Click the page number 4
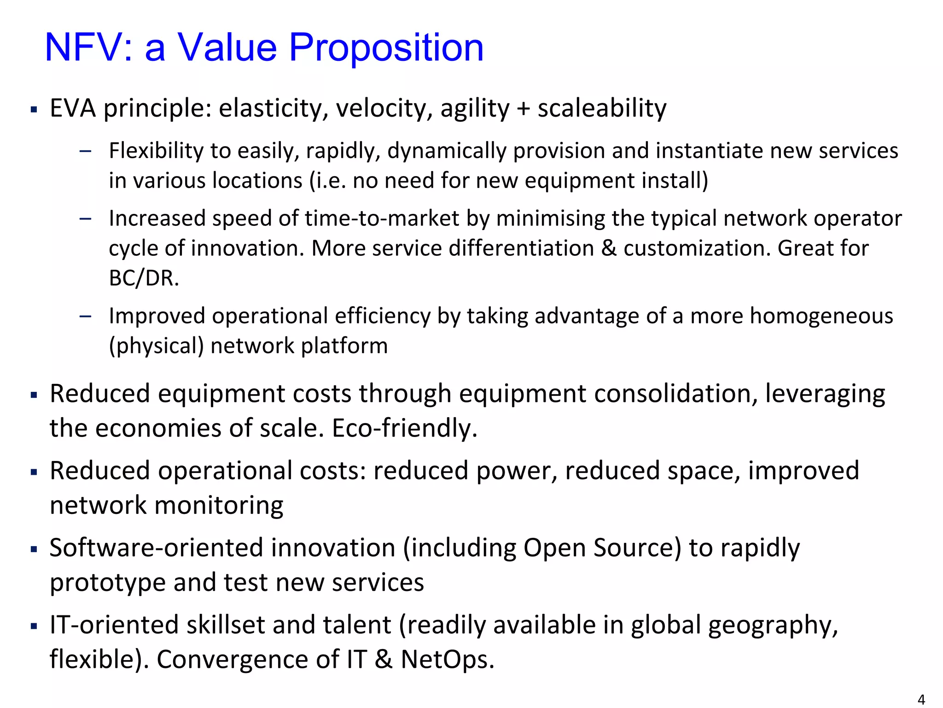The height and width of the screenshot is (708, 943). [921, 700]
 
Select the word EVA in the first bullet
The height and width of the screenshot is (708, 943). [73, 109]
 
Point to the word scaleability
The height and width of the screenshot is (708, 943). [602, 109]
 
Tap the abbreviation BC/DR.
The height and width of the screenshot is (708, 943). [144, 278]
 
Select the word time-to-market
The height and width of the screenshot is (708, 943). [382, 218]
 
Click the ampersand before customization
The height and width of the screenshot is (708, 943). [609, 248]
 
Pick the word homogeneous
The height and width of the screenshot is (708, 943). [821, 316]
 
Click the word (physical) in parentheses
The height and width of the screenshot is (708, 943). [156, 346]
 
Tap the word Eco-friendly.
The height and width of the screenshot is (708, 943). [404, 428]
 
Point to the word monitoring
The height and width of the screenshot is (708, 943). [219, 505]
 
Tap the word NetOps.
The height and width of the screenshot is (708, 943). [447, 660]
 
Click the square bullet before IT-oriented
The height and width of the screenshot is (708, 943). [34, 626]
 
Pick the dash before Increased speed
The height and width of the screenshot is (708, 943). [85, 219]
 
